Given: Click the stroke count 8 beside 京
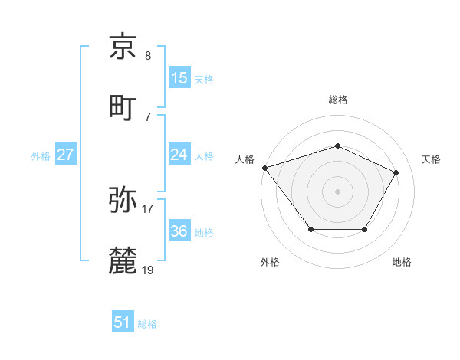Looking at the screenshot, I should [x=148, y=56].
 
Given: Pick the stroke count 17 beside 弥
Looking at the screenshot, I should [x=148, y=208].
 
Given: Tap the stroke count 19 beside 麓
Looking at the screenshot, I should [x=148, y=270].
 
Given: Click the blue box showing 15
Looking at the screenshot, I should [x=179, y=78].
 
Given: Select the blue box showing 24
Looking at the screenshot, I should [x=179, y=155].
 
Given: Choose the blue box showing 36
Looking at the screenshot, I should [x=179, y=231].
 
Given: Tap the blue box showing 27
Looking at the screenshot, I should [x=66, y=155].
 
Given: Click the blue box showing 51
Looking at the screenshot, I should [x=123, y=323].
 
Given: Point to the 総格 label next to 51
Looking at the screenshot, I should [x=147, y=324].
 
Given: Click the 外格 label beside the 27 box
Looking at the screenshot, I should [x=41, y=156].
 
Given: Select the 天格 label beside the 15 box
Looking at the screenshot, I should [x=204, y=79].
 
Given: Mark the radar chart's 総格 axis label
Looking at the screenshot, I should [x=337, y=100].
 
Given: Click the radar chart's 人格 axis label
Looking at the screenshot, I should [x=245, y=159].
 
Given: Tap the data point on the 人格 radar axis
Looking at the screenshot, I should [x=264, y=168].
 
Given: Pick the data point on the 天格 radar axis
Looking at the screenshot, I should [x=396, y=172].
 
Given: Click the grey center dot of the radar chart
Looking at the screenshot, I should [x=337, y=191].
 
